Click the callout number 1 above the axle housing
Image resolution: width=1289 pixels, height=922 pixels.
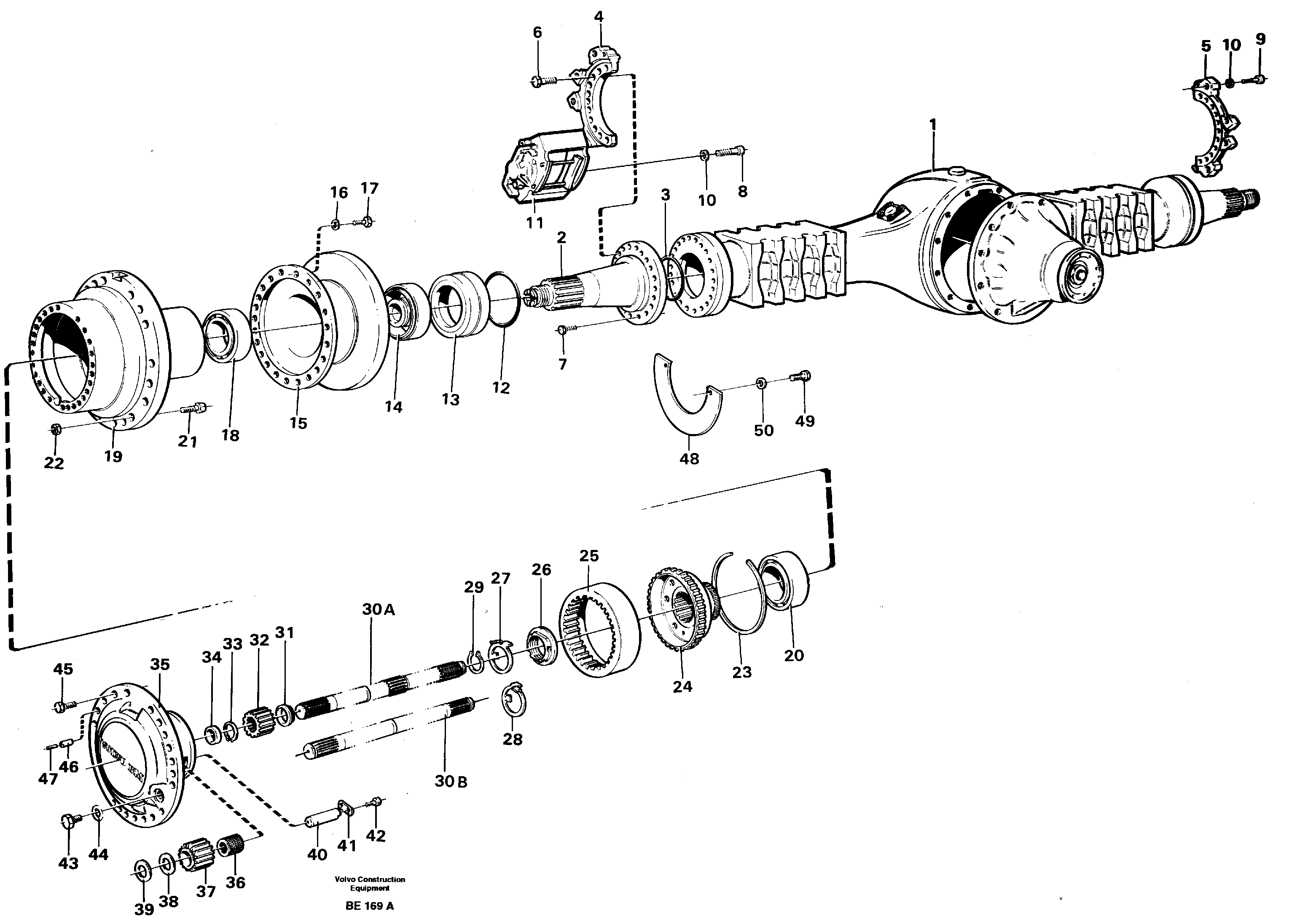coord(932,125)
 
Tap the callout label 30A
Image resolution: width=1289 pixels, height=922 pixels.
coord(378,610)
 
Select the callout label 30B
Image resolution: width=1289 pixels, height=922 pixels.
coord(451,781)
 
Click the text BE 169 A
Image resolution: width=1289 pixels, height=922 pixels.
coord(369,906)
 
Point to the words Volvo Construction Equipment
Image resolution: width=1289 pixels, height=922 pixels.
coord(370,883)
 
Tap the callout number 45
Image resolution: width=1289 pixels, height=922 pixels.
coord(63,669)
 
